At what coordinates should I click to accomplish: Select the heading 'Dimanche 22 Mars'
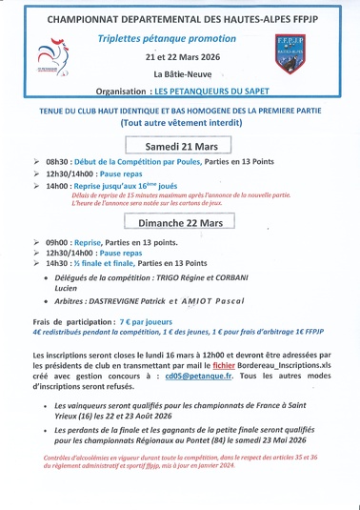[180, 222]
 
